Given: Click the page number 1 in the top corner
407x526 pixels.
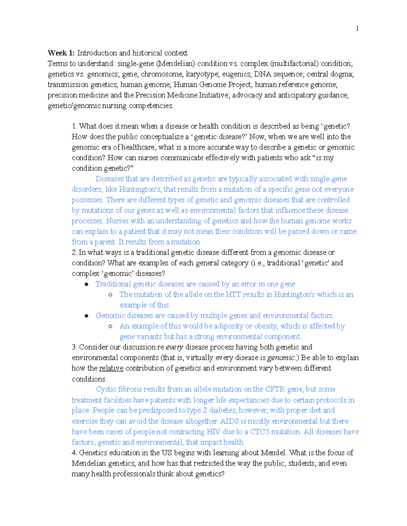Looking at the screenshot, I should coord(357,28).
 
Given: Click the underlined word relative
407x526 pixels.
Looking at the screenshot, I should coord(111,368).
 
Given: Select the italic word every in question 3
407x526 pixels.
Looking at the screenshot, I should coord(174,347).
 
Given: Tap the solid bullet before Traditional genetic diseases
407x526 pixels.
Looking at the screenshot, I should coord(87,284).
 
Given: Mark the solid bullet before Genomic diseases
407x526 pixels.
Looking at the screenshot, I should coord(87,316).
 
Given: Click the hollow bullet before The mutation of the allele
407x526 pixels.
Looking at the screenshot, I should coord(111,295).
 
